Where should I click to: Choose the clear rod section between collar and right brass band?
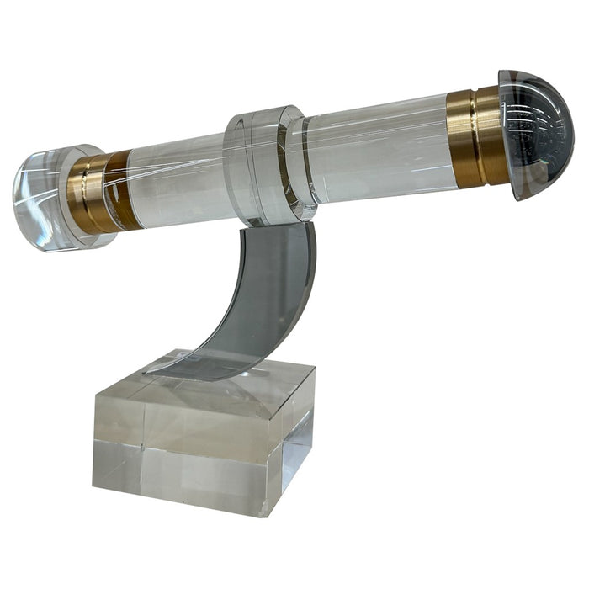[374, 151]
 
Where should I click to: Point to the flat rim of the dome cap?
[508, 135]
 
